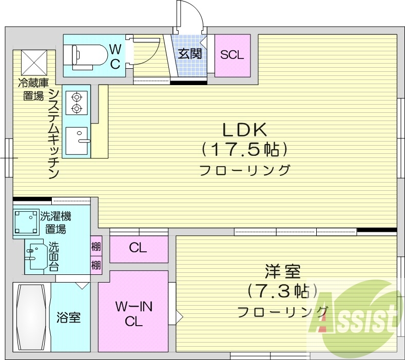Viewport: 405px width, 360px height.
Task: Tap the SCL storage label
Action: click(232, 55)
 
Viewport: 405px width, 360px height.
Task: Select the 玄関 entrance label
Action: click(190, 54)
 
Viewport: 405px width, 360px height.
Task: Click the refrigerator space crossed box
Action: click(34, 63)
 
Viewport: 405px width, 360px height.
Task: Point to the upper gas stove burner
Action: click(76, 97)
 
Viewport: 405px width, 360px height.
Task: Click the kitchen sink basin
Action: click(76, 141)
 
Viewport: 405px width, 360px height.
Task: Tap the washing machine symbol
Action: click(26, 222)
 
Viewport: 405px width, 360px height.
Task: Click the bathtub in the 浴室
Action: click(31, 317)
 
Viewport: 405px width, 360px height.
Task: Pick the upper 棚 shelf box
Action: click(96, 246)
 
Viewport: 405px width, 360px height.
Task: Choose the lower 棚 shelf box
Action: click(96, 265)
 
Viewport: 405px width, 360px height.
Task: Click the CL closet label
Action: click(138, 248)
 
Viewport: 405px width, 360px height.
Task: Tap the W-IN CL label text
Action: click(134, 314)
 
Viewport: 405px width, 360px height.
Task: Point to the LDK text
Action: click(245, 130)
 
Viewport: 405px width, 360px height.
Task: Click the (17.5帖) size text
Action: click(245, 150)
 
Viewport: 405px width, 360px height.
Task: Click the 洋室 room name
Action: click(283, 272)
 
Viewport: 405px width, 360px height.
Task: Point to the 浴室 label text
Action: click(68, 317)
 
